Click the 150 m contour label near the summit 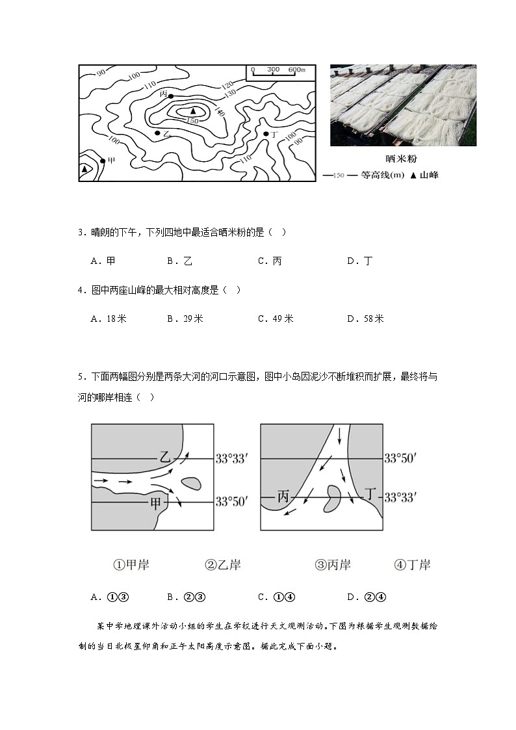192,121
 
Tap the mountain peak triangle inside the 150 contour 192,111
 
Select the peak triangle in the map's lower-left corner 84,169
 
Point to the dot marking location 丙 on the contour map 171,96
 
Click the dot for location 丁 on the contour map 266,134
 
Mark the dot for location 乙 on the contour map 157,133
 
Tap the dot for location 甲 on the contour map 102,160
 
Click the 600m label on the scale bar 296,70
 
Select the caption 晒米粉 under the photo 404,158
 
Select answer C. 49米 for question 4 276,319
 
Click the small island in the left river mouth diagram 191,483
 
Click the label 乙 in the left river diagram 165,457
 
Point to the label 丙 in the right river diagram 283,497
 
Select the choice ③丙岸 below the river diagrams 333,565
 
